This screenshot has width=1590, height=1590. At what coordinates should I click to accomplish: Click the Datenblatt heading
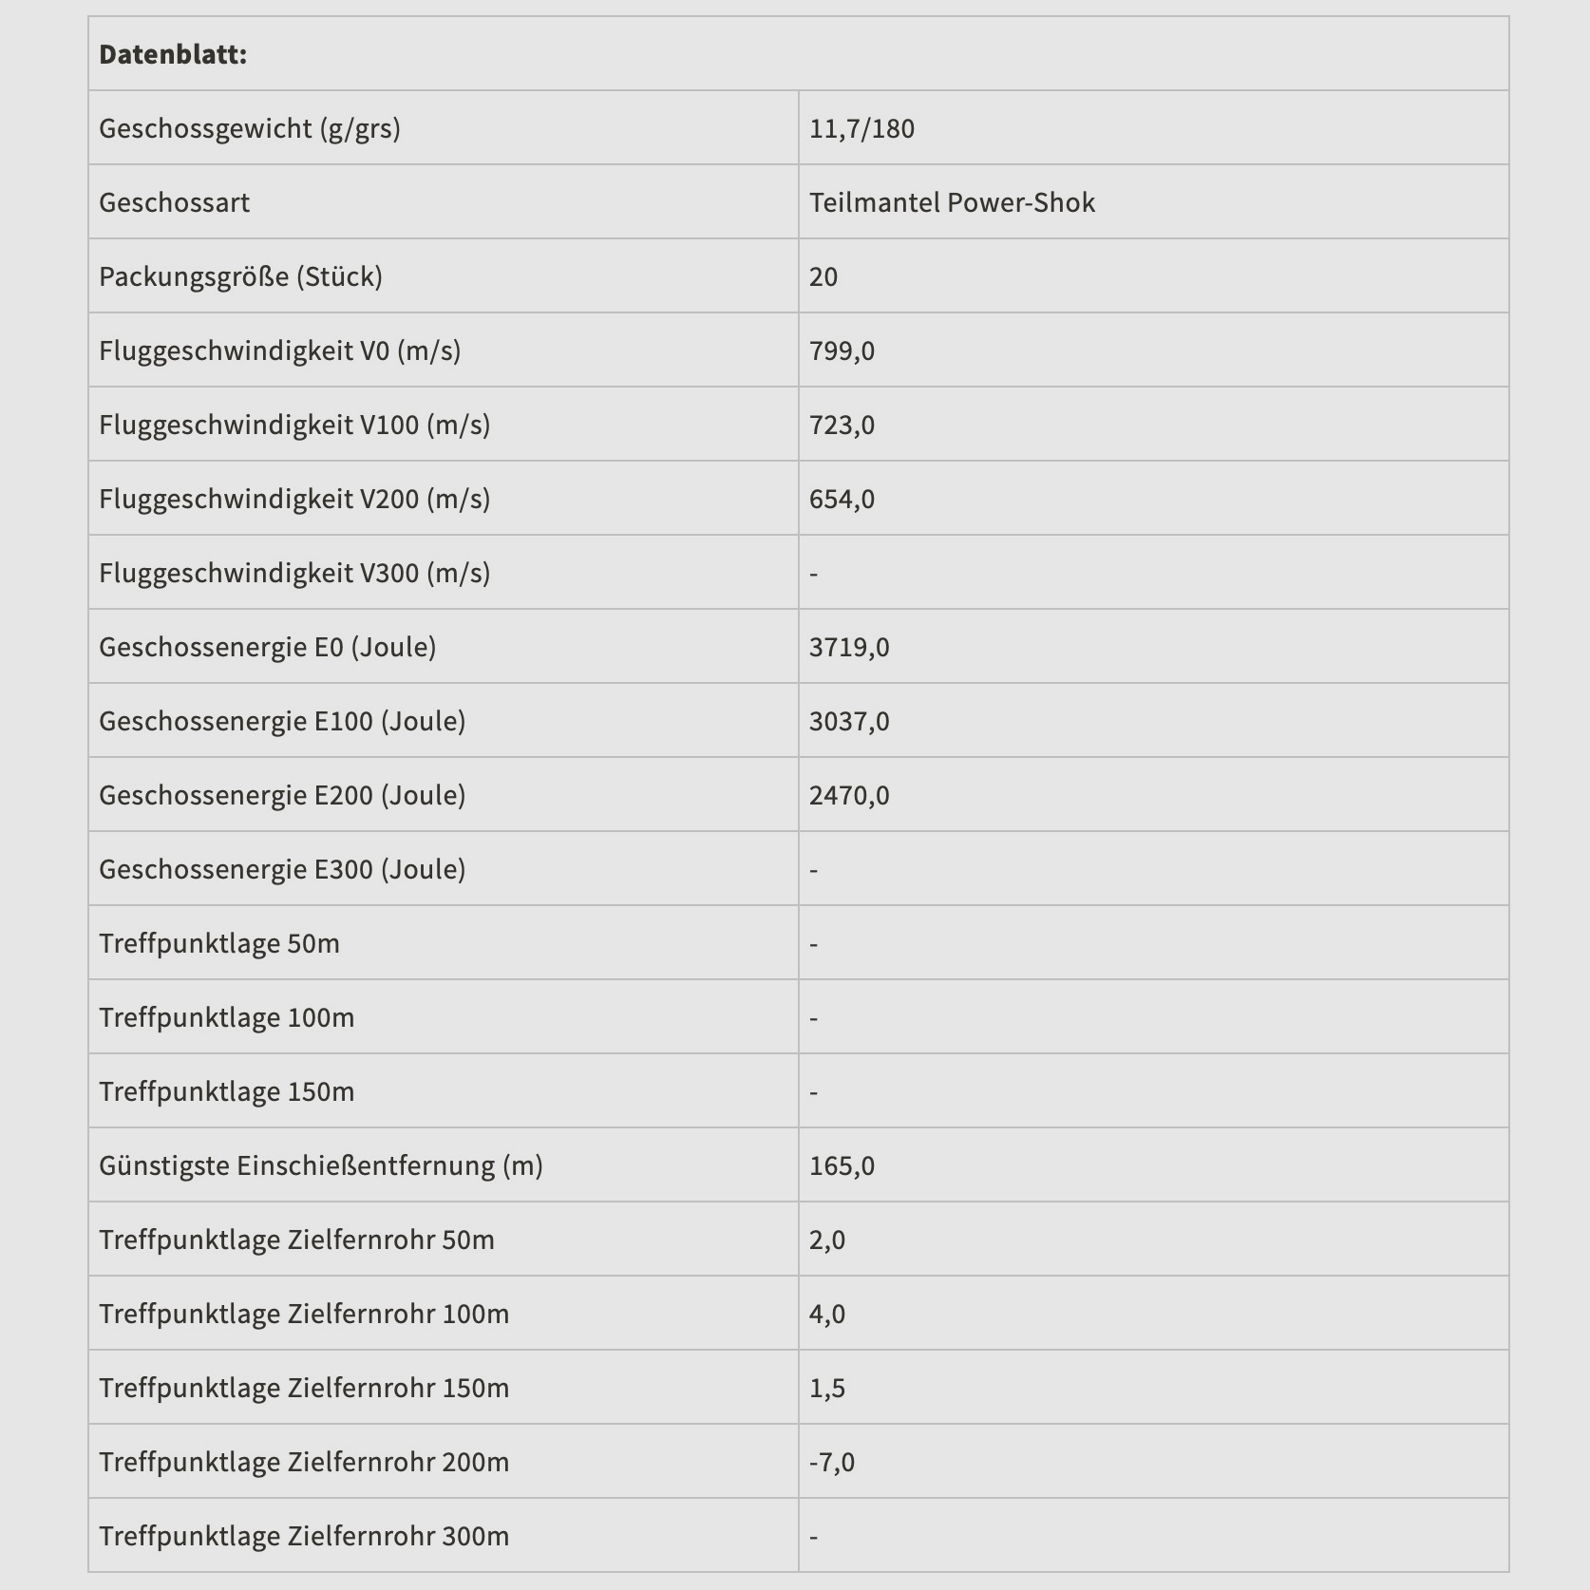(x=173, y=54)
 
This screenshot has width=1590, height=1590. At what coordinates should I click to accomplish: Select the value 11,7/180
(x=861, y=128)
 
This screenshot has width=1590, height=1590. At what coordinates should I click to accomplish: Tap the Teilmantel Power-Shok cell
(x=952, y=202)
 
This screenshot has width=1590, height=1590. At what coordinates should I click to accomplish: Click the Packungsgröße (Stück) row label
(x=240, y=276)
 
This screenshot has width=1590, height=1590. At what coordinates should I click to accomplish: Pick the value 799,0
(x=842, y=350)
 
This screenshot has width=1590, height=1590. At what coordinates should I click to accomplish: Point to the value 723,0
(x=842, y=425)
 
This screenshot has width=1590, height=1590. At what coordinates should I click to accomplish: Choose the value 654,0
(x=842, y=499)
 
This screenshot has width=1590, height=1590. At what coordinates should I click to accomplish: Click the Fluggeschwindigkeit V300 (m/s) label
(x=294, y=573)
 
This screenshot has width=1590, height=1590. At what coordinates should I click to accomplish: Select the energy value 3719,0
(x=849, y=647)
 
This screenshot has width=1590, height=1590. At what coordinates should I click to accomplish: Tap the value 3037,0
(x=849, y=721)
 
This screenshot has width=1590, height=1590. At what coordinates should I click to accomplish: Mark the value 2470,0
(x=849, y=795)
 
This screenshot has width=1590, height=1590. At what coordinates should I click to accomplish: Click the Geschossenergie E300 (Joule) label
(x=282, y=869)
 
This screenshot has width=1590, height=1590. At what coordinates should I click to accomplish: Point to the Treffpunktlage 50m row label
(x=219, y=943)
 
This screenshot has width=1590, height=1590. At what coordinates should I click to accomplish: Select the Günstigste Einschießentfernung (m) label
(x=321, y=1165)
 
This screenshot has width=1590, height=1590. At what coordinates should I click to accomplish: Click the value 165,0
(x=842, y=1165)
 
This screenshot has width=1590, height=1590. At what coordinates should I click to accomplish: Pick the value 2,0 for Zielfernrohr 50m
(x=827, y=1240)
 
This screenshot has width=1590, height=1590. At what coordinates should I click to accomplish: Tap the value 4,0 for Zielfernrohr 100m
(x=827, y=1314)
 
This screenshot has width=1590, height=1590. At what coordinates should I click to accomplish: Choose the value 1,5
(x=827, y=1388)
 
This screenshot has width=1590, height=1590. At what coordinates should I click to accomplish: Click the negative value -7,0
(x=832, y=1462)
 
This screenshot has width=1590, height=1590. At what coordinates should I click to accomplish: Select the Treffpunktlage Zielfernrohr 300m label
(x=304, y=1536)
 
